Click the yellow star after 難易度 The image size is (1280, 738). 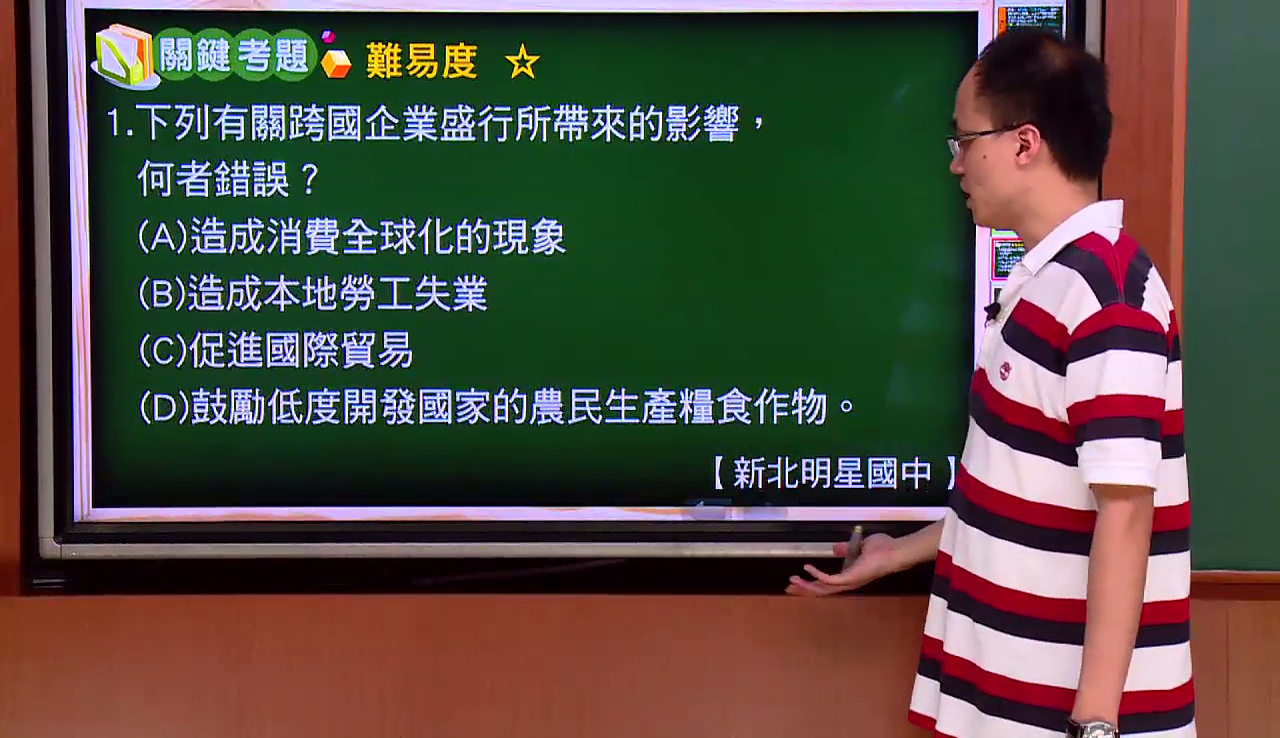[522, 62]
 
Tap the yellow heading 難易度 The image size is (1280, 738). [422, 61]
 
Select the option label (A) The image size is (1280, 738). [163, 236]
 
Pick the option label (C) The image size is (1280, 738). [163, 350]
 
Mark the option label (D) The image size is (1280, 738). [165, 406]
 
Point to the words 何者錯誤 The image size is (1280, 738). [213, 179]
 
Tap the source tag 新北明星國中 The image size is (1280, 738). [832, 473]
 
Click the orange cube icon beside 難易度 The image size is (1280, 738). [336, 63]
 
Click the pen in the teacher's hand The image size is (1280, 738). [853, 547]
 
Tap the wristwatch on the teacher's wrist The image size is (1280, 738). [1093, 729]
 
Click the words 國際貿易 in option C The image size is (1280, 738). [339, 350]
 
